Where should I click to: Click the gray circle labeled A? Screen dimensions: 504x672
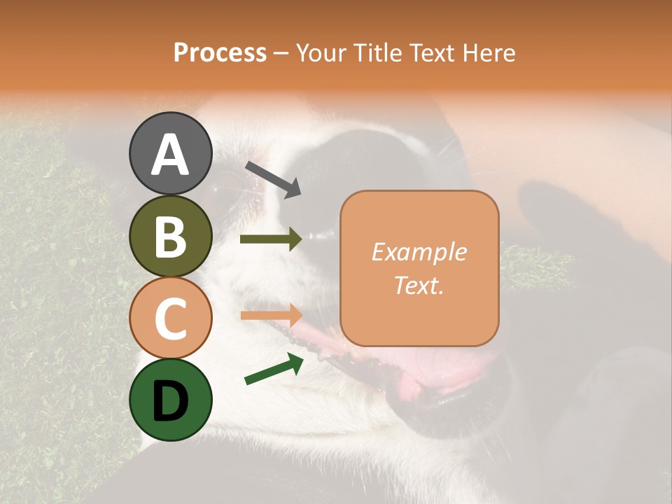pyautogui.click(x=170, y=153)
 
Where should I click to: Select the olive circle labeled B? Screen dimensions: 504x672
pyautogui.click(x=170, y=236)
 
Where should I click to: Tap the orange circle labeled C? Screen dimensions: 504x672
pyautogui.click(x=170, y=318)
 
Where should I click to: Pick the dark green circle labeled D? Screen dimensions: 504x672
pyautogui.click(x=170, y=400)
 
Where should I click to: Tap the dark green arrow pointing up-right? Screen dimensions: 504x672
pyautogui.click(x=274, y=369)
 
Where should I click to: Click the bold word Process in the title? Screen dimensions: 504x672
pyautogui.click(x=220, y=53)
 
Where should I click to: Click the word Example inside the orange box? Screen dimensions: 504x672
pyautogui.click(x=419, y=252)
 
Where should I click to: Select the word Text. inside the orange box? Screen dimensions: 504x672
pyautogui.click(x=419, y=285)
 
